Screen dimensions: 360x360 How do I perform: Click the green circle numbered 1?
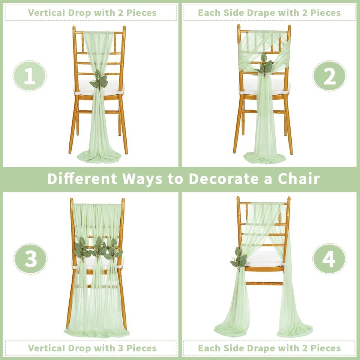(x=30, y=76)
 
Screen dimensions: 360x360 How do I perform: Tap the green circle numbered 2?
(x=329, y=76)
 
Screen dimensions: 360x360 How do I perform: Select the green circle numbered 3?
(x=30, y=259)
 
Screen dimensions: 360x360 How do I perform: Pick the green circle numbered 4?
(x=329, y=259)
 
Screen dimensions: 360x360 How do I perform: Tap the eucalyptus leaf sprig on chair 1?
(x=99, y=79)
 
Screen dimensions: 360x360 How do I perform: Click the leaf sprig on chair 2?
(x=264, y=65)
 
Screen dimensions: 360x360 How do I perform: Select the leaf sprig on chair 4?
(x=239, y=259)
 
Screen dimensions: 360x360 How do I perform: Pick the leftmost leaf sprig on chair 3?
(x=82, y=249)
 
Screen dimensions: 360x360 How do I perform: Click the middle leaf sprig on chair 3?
(x=99, y=249)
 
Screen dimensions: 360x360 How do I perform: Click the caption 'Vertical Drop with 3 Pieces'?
(x=92, y=348)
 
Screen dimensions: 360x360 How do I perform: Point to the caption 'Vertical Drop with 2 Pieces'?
(x=92, y=13)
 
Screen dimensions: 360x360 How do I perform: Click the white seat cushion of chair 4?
(x=264, y=259)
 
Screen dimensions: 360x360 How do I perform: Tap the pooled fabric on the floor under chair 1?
(x=99, y=157)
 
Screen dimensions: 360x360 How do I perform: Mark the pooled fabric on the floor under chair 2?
(x=264, y=157)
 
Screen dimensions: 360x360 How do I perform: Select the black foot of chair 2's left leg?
(x=234, y=152)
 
